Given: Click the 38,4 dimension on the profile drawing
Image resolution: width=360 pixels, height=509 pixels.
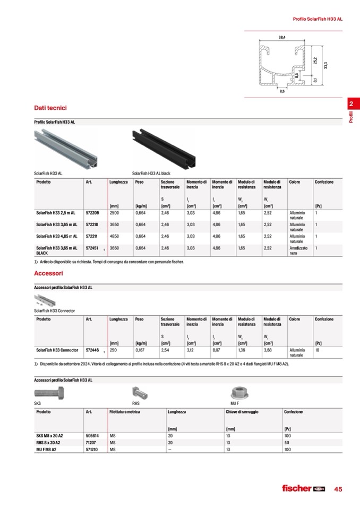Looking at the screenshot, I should click(x=282, y=37).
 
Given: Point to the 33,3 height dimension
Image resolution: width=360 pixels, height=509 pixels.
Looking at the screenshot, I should click(x=325, y=65).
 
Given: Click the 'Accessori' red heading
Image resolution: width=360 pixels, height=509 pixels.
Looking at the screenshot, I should click(x=48, y=273).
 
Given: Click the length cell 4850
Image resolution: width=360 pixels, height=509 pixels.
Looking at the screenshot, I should click(x=115, y=236).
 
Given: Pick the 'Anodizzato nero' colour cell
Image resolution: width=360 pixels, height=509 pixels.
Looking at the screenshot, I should click(x=298, y=251).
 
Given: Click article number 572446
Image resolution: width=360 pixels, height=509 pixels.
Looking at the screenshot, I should click(x=93, y=350).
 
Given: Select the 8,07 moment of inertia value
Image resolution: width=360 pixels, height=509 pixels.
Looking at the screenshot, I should click(x=217, y=350).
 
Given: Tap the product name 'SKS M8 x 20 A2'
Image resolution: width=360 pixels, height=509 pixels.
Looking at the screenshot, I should click(x=49, y=435).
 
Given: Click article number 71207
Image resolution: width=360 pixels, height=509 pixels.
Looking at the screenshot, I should click(x=91, y=442).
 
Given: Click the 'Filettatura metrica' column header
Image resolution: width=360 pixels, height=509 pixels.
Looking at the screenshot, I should click(x=125, y=412).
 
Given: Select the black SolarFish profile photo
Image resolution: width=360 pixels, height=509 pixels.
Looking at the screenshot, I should click(x=164, y=148).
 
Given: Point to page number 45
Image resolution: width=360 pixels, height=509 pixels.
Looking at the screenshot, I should click(x=338, y=489).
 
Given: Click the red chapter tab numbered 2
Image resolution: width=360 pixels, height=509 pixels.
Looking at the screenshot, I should click(x=352, y=104).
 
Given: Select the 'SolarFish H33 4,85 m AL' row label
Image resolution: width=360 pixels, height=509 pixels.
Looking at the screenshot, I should click(x=57, y=236).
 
